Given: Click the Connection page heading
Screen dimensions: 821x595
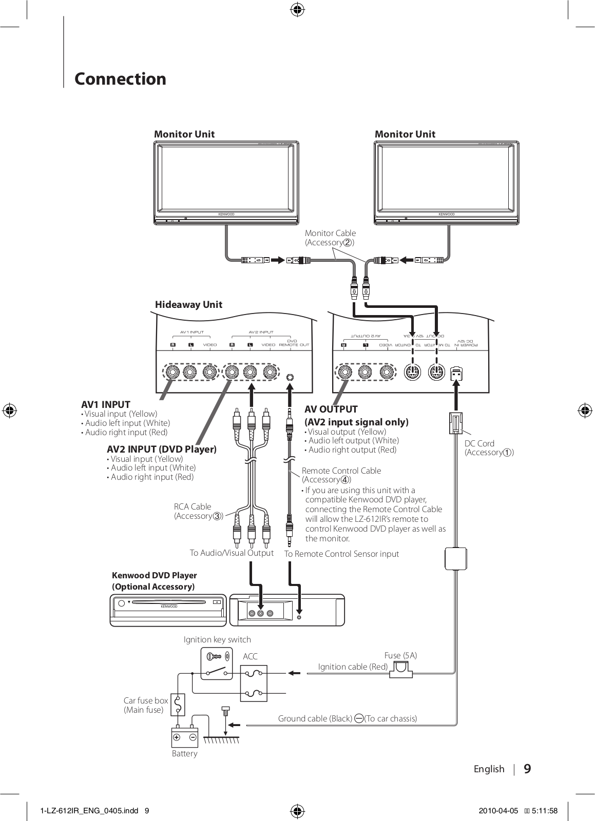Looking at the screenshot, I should [x=120, y=79].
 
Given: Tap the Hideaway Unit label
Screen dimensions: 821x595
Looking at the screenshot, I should [x=188, y=304].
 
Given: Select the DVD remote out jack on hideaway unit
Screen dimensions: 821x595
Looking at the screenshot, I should [x=291, y=377].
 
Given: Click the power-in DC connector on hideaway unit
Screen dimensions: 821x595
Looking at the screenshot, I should [x=455, y=375].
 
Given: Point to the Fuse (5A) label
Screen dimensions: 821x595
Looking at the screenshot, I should [x=400, y=655].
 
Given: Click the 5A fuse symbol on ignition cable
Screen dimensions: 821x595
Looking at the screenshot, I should [x=401, y=669].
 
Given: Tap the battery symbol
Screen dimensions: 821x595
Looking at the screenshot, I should [x=184, y=737].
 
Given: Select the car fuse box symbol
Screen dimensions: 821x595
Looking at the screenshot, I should [x=178, y=705].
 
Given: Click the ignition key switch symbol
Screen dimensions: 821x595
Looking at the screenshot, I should [x=216, y=664].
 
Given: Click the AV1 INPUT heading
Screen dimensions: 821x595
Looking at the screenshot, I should [x=106, y=404].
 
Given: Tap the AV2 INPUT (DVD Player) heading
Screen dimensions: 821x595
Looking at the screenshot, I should [x=162, y=449].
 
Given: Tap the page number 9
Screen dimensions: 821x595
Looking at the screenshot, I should [x=527, y=769].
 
